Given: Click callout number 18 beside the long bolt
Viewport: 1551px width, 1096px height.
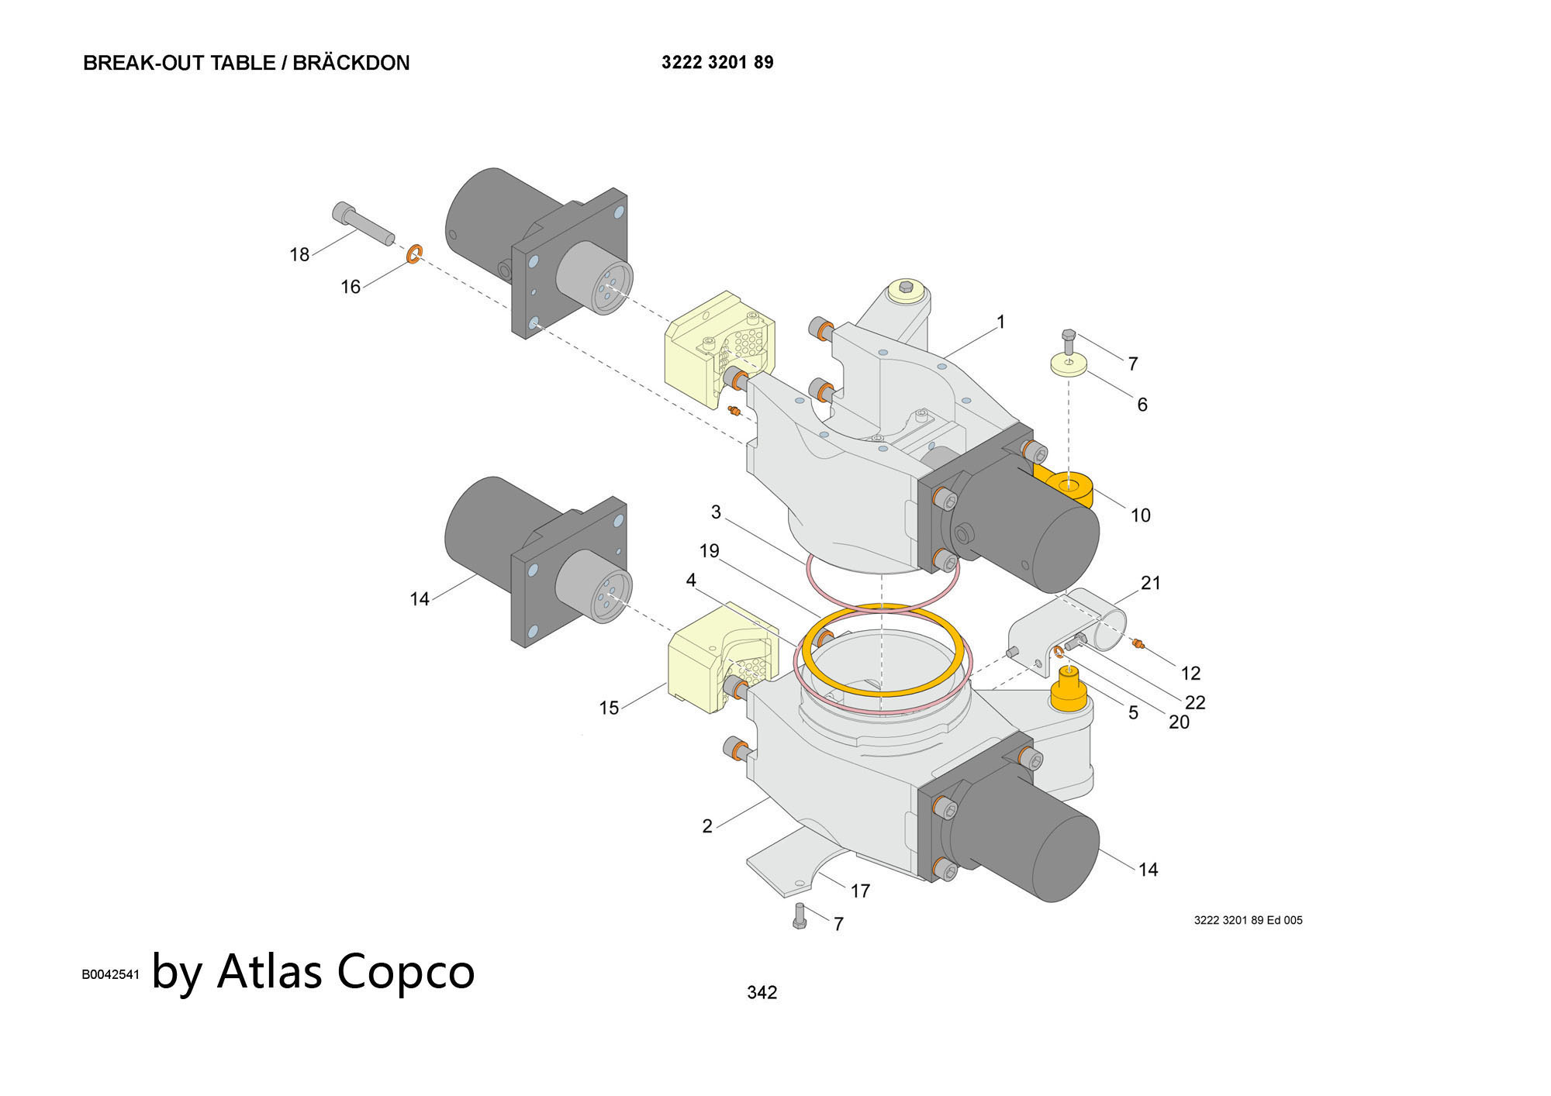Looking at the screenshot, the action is point(299,254).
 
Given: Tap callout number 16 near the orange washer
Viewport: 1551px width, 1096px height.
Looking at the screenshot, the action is point(351,287).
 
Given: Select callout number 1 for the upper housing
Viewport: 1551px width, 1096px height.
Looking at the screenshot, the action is point(1000,322).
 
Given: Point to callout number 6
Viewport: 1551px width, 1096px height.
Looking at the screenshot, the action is point(1142,404).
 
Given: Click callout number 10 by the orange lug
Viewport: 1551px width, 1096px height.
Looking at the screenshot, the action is point(1140,515).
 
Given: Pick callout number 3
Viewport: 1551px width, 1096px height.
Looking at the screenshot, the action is point(716,512).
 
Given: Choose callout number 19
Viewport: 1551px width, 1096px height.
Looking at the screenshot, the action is point(710,550).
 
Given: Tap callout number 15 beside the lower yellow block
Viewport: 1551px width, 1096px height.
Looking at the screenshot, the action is point(609,708).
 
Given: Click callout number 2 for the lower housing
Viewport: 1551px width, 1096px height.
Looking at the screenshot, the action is point(707,826).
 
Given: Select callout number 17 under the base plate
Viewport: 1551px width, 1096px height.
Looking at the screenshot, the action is point(860,891).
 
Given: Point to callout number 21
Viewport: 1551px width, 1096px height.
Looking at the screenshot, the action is point(1151,582).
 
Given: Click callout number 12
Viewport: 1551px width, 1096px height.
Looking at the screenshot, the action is point(1190,673).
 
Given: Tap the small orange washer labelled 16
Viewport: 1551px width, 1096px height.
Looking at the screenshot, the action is point(415,253).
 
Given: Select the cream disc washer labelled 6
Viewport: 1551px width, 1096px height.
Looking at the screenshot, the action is point(1069,366).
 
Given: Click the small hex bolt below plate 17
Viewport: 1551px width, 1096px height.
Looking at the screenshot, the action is point(800,915).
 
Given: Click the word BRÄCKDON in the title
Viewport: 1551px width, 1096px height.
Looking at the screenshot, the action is point(351,63).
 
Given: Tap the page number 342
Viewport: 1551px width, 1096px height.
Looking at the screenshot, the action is point(762,992).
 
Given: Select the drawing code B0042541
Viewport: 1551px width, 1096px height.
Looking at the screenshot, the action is point(111,974).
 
